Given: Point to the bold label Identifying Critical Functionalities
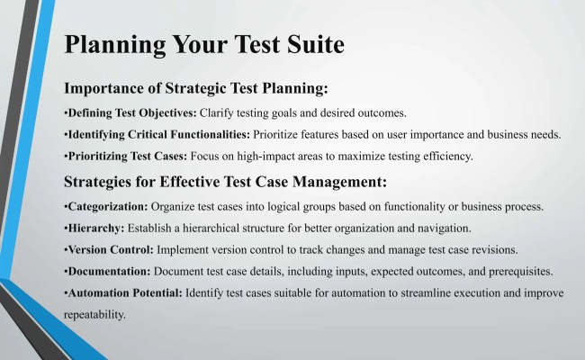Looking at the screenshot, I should (158, 135).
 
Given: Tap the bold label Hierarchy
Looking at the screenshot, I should (95, 228).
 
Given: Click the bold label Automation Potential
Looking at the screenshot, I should (123, 293).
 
